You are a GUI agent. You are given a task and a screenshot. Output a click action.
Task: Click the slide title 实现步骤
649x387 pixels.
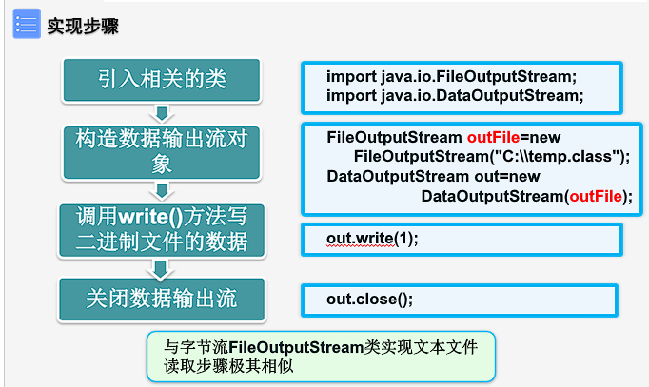83,26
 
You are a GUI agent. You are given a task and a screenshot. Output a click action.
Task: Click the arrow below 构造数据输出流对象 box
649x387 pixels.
163,190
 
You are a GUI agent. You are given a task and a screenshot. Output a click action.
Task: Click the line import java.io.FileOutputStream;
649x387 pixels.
452,76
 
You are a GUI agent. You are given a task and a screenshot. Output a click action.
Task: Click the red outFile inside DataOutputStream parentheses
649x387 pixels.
596,196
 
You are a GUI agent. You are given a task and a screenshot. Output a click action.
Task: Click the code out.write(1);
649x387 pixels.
372,238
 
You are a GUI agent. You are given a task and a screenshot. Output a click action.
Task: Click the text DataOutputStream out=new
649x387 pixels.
433,177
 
